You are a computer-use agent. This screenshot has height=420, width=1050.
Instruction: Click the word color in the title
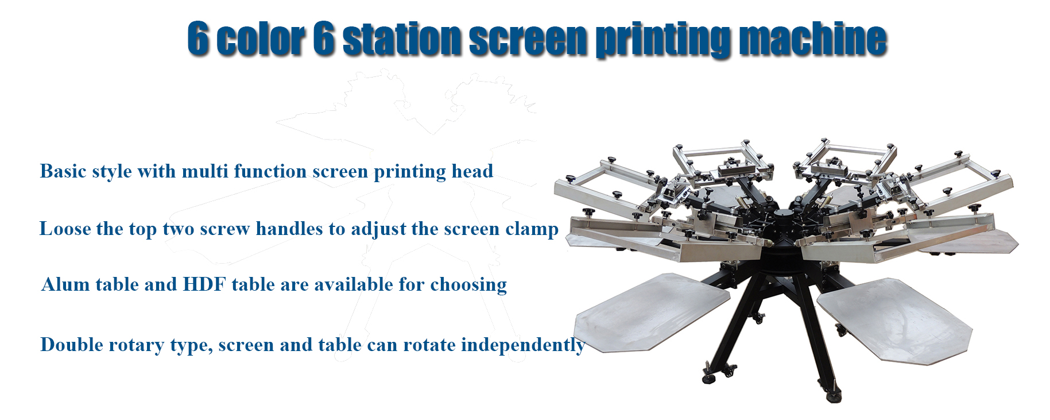(261, 40)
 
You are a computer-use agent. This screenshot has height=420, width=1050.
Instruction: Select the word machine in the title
(812, 40)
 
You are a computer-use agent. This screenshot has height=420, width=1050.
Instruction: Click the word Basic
(64, 171)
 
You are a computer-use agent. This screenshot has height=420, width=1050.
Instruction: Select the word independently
(522, 345)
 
